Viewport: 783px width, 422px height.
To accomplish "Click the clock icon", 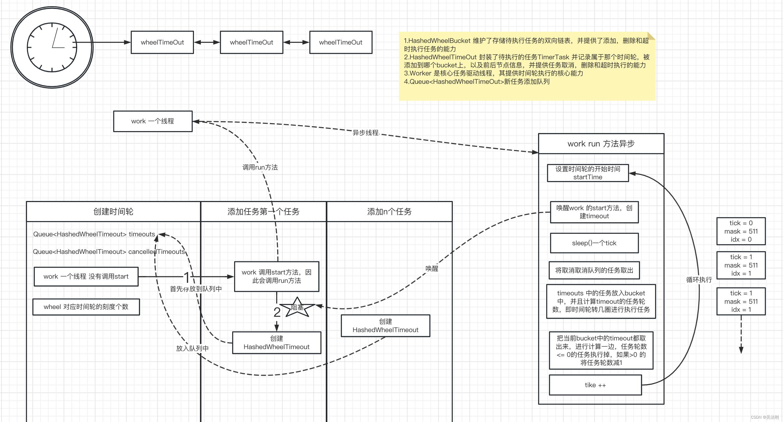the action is coord(52,48).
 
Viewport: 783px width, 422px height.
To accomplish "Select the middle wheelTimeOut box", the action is coord(251,42).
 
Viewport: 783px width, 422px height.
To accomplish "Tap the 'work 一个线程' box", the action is coord(153,121).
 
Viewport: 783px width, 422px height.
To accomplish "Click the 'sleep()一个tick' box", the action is coord(594,243).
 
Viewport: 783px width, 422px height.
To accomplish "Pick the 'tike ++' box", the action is coord(595,385).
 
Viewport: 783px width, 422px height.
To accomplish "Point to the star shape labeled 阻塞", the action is coord(297,307).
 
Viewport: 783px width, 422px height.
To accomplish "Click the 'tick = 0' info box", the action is coord(741,231).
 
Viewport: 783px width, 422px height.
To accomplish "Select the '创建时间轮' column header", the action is coord(113,211).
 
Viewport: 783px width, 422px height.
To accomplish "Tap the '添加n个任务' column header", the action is coord(389,211).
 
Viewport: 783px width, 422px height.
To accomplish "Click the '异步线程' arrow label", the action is coord(365,133).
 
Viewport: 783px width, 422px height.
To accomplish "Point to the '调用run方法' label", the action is coord(260,167).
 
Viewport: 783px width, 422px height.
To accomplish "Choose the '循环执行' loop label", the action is coord(699,279).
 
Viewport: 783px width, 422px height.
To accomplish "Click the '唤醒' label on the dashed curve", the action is coord(432,268).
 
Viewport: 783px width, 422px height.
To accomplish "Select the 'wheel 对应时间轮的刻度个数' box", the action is coord(86,307).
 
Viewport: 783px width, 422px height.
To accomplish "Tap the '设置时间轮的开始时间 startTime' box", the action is coord(588,173).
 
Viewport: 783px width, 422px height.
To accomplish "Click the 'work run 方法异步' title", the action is coord(601,144).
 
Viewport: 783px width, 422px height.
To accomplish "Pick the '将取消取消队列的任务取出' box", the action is coord(594,270).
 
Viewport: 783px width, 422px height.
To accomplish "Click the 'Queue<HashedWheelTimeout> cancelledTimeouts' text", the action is coord(109,252).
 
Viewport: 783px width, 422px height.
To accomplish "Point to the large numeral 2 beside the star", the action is coord(277,312).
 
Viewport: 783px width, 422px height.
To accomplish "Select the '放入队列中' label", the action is coord(193,348).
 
